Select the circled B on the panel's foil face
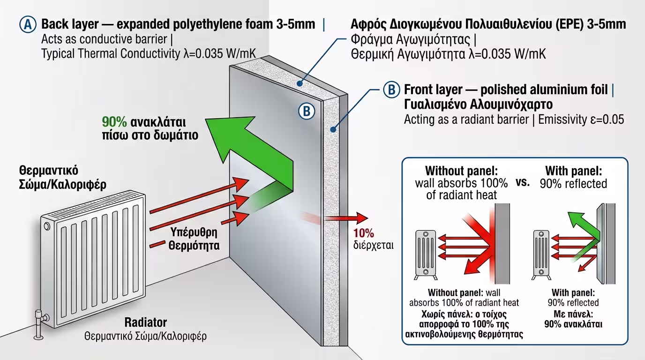(306, 111)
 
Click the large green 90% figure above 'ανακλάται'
(114, 122)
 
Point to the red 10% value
(364, 233)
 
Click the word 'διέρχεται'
(374, 245)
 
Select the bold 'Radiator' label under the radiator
(145, 322)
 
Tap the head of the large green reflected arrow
(220, 136)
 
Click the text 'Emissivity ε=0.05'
(581, 120)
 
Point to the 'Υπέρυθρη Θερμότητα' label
(193, 239)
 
